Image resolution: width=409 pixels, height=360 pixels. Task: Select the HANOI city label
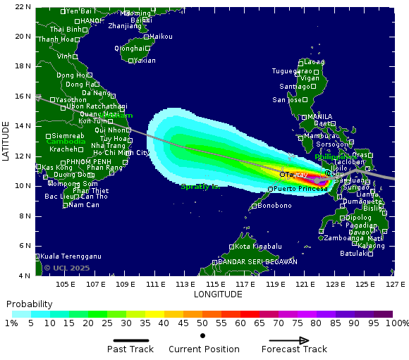click(92, 21)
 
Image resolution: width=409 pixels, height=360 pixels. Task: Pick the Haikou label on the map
click(161, 36)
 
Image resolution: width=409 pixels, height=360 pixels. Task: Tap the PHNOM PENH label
click(85, 162)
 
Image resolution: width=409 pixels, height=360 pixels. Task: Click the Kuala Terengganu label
click(71, 256)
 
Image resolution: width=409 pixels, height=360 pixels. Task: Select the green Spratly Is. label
click(200, 187)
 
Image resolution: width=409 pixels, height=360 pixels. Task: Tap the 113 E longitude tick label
click(185, 284)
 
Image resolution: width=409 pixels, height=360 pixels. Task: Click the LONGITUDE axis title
click(218, 294)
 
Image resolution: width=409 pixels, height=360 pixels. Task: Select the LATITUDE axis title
click(6, 141)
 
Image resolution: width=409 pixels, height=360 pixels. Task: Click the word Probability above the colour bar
click(30, 304)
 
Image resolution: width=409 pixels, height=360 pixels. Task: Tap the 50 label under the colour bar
click(202, 323)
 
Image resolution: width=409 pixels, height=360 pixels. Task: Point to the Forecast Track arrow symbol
click(293, 340)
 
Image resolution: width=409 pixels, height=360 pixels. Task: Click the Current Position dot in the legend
click(203, 336)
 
